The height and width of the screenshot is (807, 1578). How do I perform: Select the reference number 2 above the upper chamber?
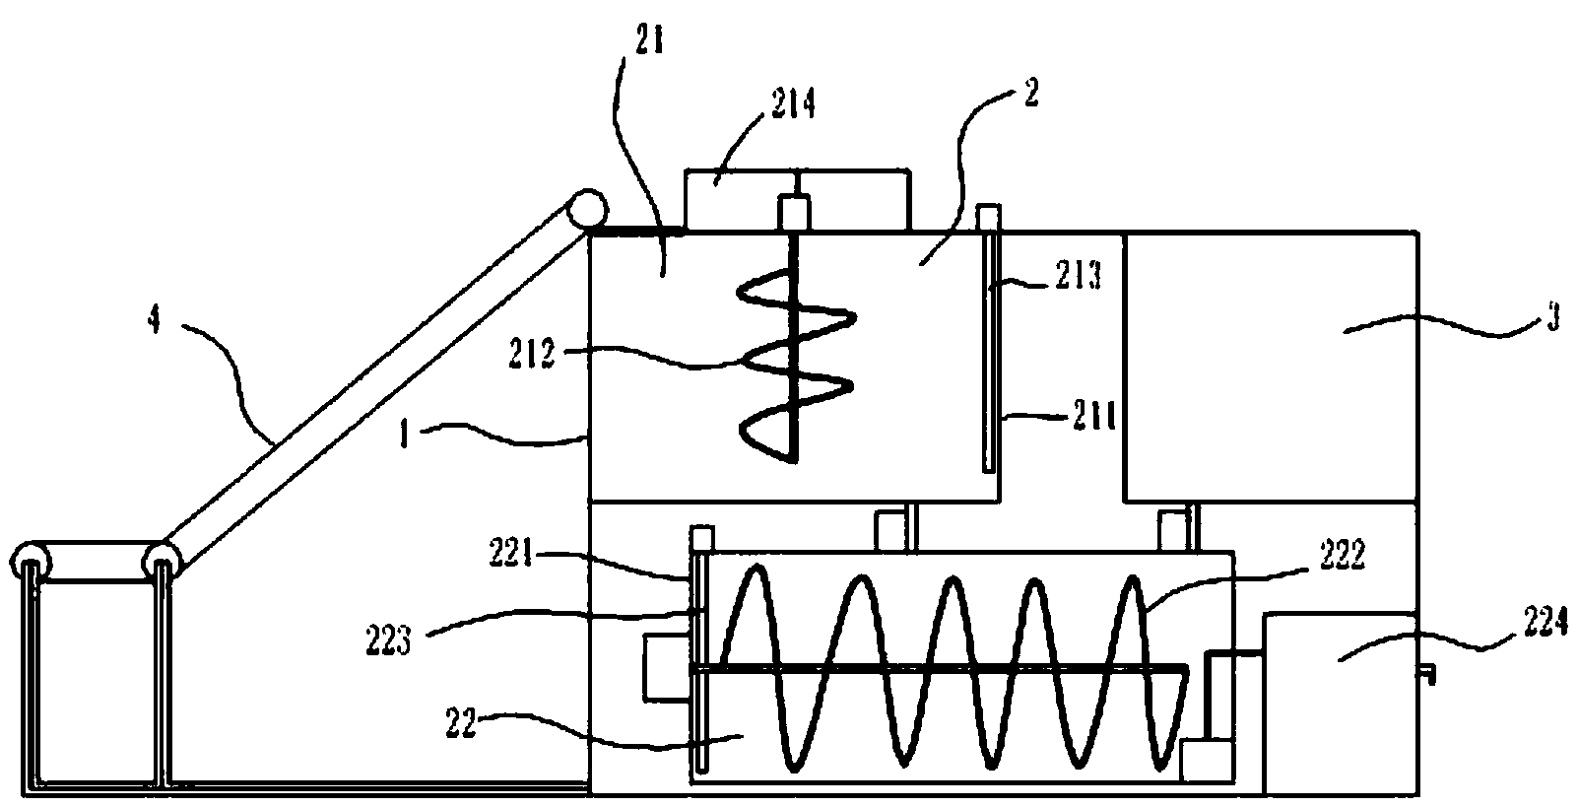pos(1030,93)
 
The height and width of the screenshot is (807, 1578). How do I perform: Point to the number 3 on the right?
pos(1552,321)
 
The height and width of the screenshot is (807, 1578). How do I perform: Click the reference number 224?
pos(1541,628)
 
